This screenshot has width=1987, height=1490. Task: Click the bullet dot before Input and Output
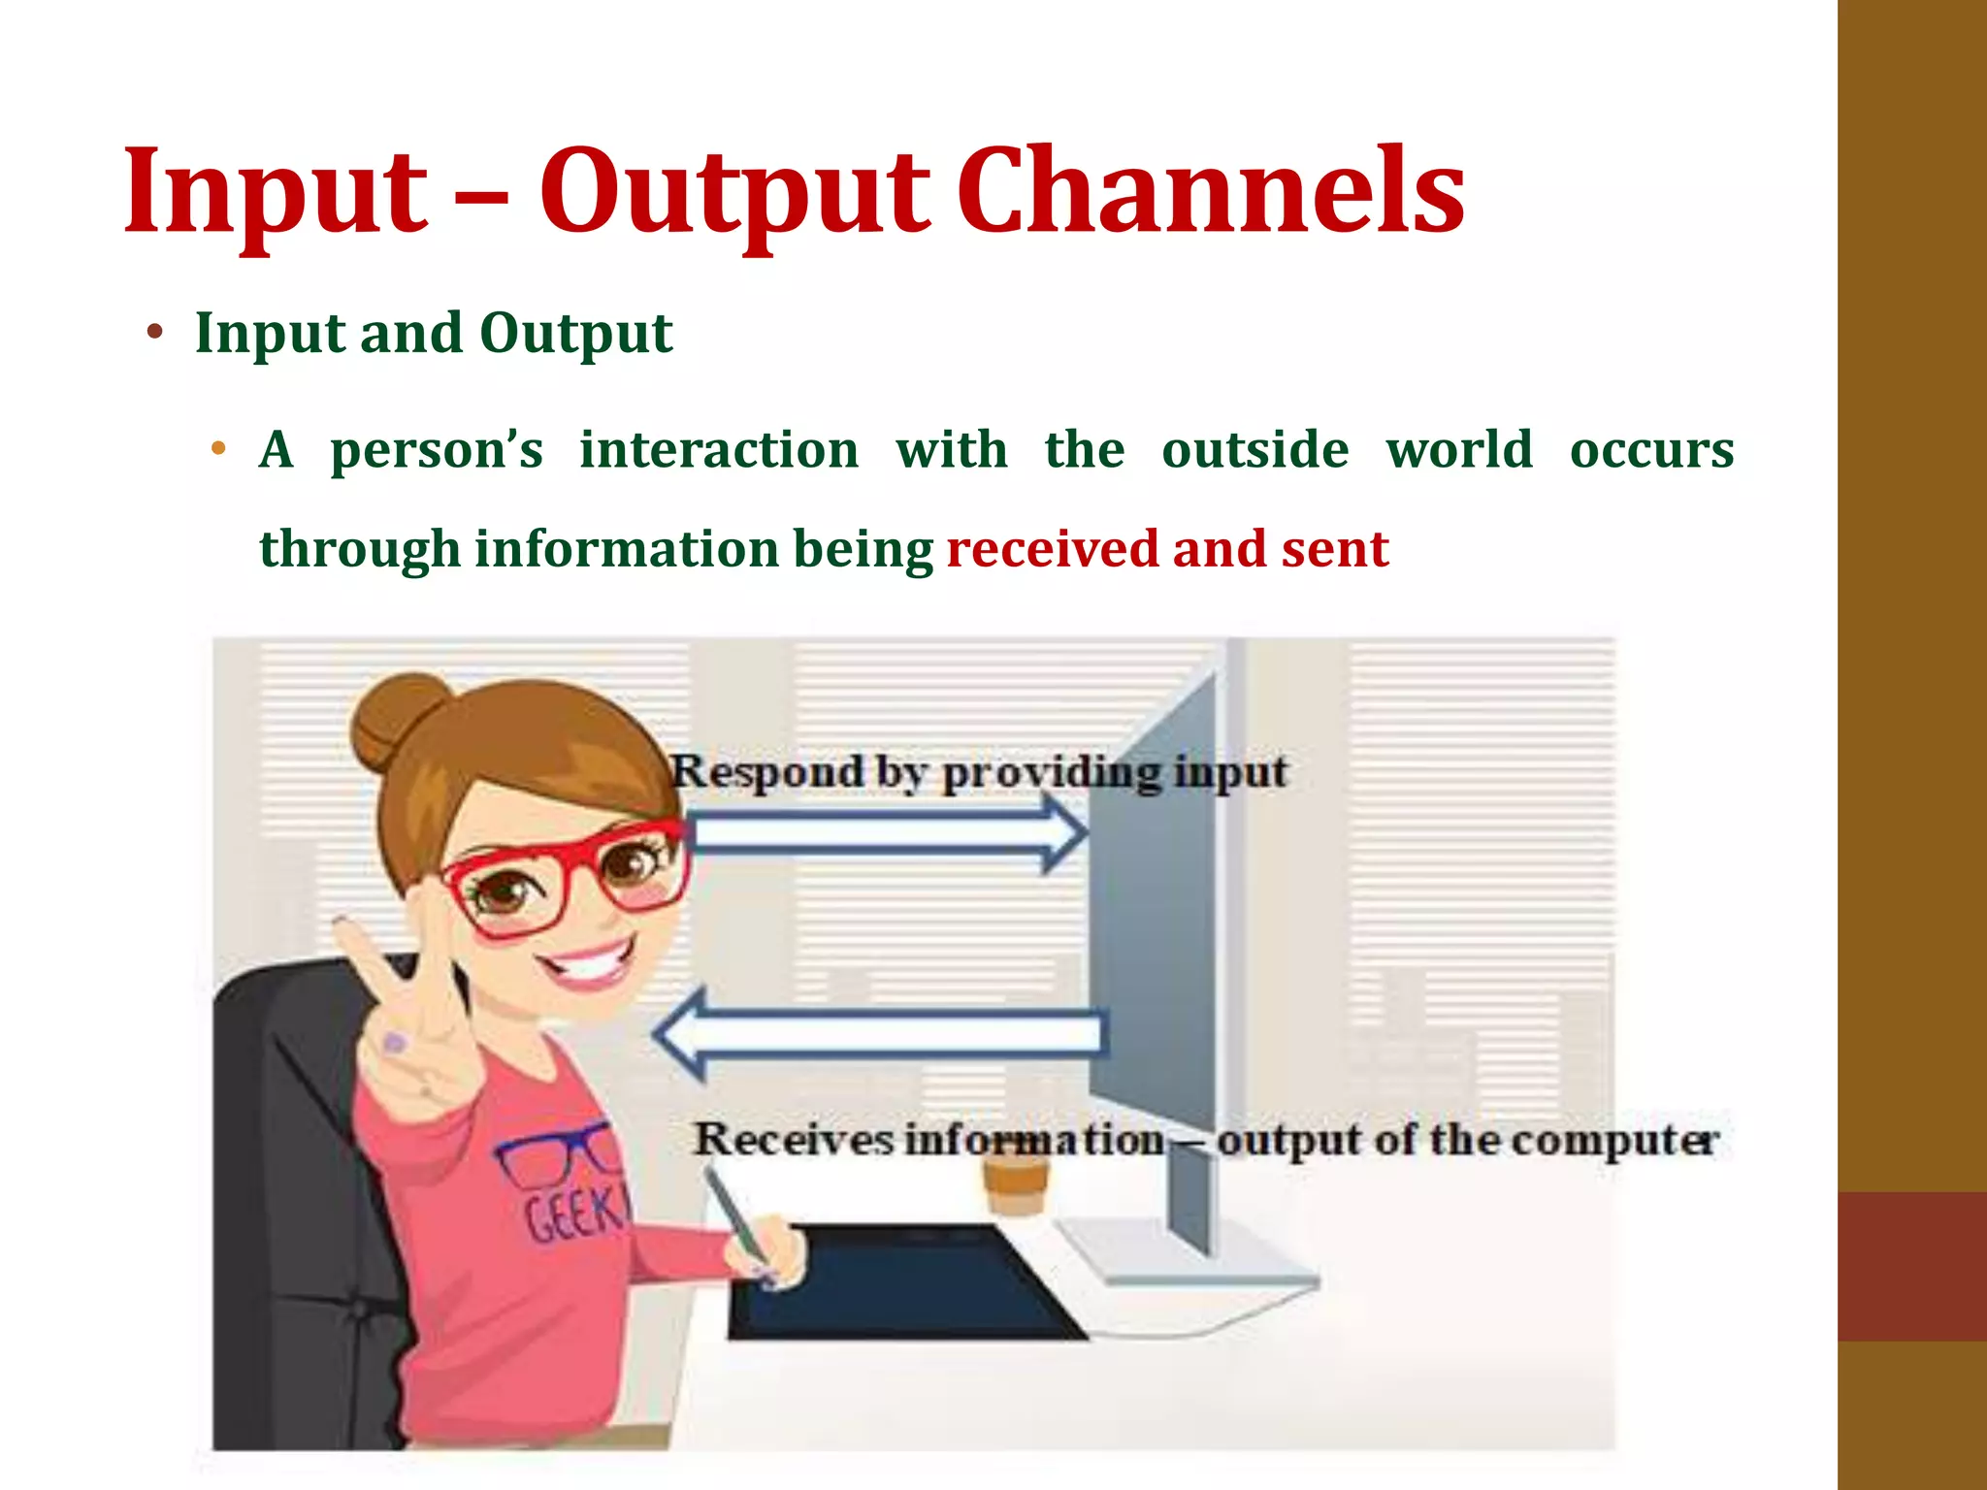coord(154,334)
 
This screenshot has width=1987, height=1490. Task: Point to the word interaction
coord(719,450)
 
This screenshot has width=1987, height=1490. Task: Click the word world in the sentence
coord(1458,450)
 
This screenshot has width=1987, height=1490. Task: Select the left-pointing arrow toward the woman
coord(878,1034)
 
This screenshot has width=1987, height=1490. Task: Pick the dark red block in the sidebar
coord(1911,1266)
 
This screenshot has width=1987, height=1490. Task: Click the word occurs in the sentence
coord(1651,450)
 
